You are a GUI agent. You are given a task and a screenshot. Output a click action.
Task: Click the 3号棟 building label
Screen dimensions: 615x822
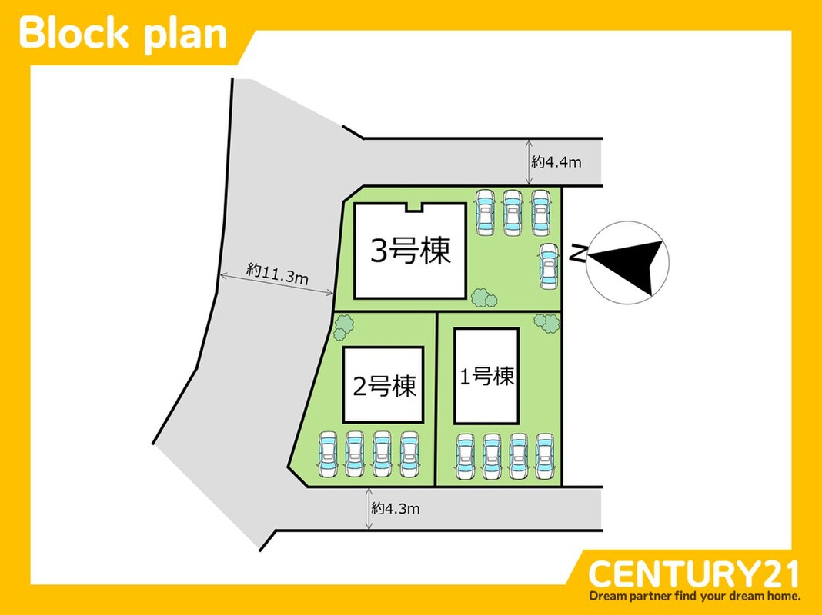tap(410, 251)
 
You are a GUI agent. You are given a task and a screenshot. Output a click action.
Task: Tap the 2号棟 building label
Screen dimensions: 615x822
tap(383, 384)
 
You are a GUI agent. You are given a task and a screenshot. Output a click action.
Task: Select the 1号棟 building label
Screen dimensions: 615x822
tap(486, 377)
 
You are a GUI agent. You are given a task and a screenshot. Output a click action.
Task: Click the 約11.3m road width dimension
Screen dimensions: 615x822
tap(277, 274)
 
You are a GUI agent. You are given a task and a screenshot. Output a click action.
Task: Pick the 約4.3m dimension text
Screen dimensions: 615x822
tap(395, 508)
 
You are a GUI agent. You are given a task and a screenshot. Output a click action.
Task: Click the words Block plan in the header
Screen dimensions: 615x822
tap(123, 33)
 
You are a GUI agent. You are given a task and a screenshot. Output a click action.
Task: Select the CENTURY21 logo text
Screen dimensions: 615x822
tap(693, 573)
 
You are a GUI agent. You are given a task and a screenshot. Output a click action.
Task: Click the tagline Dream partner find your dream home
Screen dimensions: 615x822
tap(694, 596)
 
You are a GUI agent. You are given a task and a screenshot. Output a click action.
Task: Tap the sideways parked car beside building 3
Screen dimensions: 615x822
tap(547, 265)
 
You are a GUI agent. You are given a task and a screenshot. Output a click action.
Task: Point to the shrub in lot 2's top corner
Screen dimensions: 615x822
tap(342, 327)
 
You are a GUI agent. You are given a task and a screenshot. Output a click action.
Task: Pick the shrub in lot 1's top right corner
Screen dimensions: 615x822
tap(546, 324)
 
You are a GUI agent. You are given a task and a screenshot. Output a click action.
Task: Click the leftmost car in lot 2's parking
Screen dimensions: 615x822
tap(328, 455)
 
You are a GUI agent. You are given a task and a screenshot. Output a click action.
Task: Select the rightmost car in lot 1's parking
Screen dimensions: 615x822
tap(544, 457)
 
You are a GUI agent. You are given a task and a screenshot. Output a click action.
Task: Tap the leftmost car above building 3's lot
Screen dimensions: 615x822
tap(486, 211)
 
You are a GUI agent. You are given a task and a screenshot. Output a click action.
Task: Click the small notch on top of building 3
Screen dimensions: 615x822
tap(415, 205)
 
